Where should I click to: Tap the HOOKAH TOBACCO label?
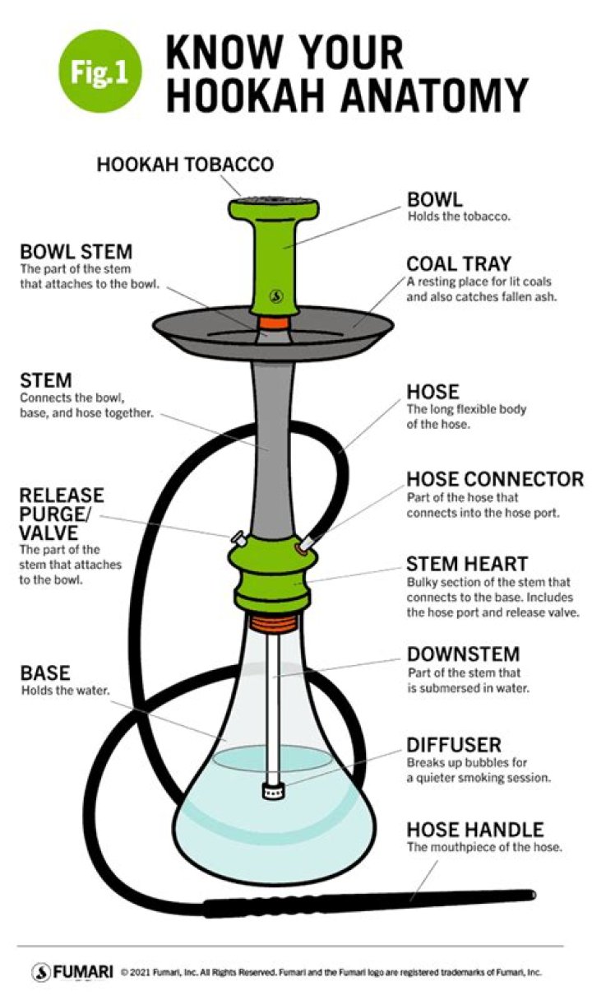185,165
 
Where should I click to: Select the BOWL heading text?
435,200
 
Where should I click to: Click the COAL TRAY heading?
459,264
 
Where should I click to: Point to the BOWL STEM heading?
76,252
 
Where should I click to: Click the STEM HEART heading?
467,565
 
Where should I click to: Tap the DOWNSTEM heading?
464,654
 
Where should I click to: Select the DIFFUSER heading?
454,745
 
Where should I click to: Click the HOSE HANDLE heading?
475,829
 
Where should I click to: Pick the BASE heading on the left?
45,672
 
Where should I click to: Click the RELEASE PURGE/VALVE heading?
62,514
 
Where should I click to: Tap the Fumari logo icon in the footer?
41,972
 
